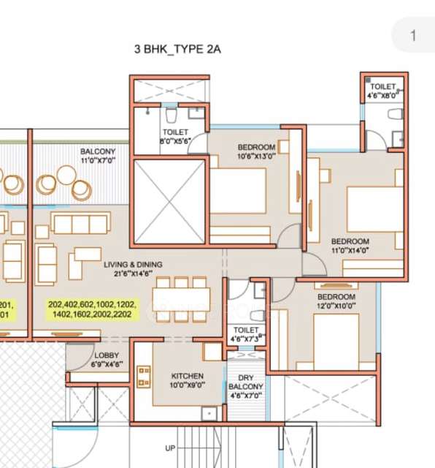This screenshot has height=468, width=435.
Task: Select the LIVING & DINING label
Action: [132, 264]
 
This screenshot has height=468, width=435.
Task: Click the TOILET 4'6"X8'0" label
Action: [382, 91]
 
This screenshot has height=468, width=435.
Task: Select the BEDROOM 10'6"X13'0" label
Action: [256, 151]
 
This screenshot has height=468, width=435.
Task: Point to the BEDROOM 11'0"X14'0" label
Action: [350, 246]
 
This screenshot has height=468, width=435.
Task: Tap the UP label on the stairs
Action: [170, 448]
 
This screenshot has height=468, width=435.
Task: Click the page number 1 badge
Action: [413, 35]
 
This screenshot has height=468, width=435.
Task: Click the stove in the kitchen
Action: [142, 377]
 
